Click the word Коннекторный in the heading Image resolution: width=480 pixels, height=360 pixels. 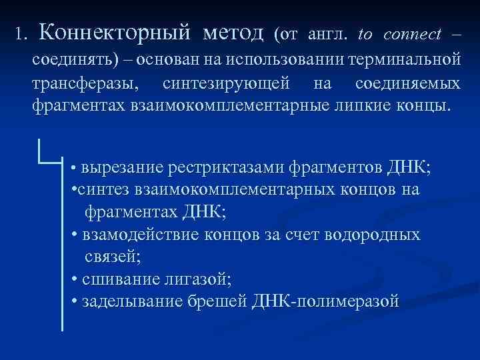coord(115,32)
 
